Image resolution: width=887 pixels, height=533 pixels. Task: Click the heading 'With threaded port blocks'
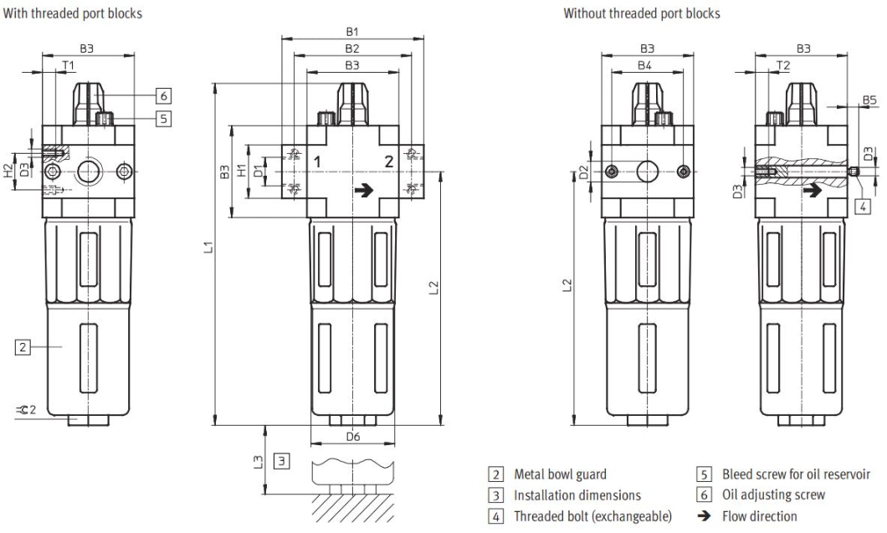click(x=74, y=13)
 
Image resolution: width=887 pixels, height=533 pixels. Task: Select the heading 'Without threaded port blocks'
click(x=641, y=13)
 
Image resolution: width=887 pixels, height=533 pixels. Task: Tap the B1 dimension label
click(x=352, y=31)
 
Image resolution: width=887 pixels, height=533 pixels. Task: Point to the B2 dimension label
click(x=352, y=49)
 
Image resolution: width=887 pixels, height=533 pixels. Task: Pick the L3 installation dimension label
click(x=259, y=460)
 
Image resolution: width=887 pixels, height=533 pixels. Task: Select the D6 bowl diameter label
click(x=352, y=437)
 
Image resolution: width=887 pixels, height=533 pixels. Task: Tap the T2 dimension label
click(x=782, y=64)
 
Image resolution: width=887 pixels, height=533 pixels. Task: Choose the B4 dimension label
click(x=644, y=64)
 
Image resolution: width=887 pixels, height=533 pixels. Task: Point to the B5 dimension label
click(x=869, y=100)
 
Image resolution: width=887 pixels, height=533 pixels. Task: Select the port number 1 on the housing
click(x=317, y=160)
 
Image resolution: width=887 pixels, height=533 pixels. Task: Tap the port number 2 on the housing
click(x=389, y=160)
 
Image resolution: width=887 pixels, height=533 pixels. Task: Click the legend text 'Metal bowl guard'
click(x=560, y=474)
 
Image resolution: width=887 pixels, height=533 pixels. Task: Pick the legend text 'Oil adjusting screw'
click(x=773, y=495)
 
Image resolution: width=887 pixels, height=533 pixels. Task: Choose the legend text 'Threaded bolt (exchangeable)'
click(x=592, y=515)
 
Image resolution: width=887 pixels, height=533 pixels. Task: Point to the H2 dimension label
click(x=8, y=172)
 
